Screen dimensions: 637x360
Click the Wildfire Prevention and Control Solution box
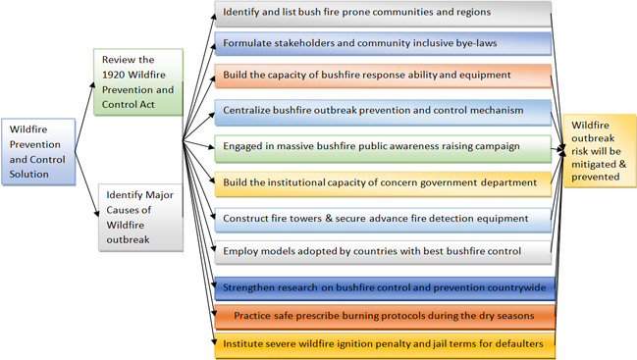[x=38, y=152]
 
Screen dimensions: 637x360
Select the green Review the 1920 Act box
[x=138, y=82]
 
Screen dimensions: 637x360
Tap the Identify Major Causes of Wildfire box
[x=140, y=218]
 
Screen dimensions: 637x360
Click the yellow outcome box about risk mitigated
[x=600, y=151]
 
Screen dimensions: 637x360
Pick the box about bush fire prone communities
[x=383, y=14]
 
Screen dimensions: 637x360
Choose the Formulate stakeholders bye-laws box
[x=383, y=43]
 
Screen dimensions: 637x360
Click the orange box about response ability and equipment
[x=383, y=76]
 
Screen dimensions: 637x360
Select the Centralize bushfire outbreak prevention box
[x=383, y=112]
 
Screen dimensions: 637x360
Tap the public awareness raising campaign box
[x=383, y=148]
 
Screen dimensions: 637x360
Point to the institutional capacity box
[x=383, y=183]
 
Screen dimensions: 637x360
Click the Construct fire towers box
[x=383, y=220]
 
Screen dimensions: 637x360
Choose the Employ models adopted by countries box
[x=383, y=252]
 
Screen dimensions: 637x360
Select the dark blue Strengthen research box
[x=385, y=288]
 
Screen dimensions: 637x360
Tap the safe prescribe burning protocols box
[x=385, y=316]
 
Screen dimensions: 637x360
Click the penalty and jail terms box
[x=385, y=345]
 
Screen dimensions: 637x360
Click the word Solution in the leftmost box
[x=28, y=175]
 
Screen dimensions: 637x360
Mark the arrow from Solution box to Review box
[x=85, y=117]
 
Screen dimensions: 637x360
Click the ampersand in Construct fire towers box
[x=329, y=219]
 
